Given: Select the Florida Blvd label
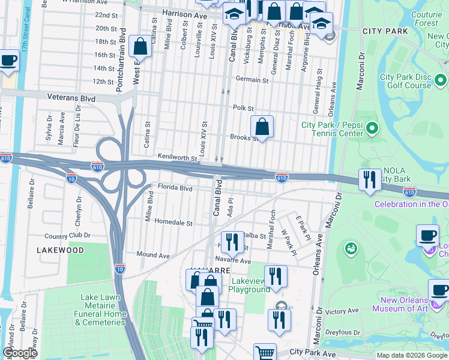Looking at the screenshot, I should pos(175,188).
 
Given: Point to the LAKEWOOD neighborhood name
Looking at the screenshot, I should pos(60,249).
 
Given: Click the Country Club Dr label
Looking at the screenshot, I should pos(67,236).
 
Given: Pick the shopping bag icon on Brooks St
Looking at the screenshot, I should pos(262,127).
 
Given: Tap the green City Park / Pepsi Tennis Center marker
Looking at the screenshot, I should pos(372,128).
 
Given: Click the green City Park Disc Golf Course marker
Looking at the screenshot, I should pos(441,80).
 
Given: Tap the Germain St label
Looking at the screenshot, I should pos(252,79).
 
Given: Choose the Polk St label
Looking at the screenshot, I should pos(244,107).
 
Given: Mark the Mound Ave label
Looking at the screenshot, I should pos(153,256).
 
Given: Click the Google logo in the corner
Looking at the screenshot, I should pos(20,353).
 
